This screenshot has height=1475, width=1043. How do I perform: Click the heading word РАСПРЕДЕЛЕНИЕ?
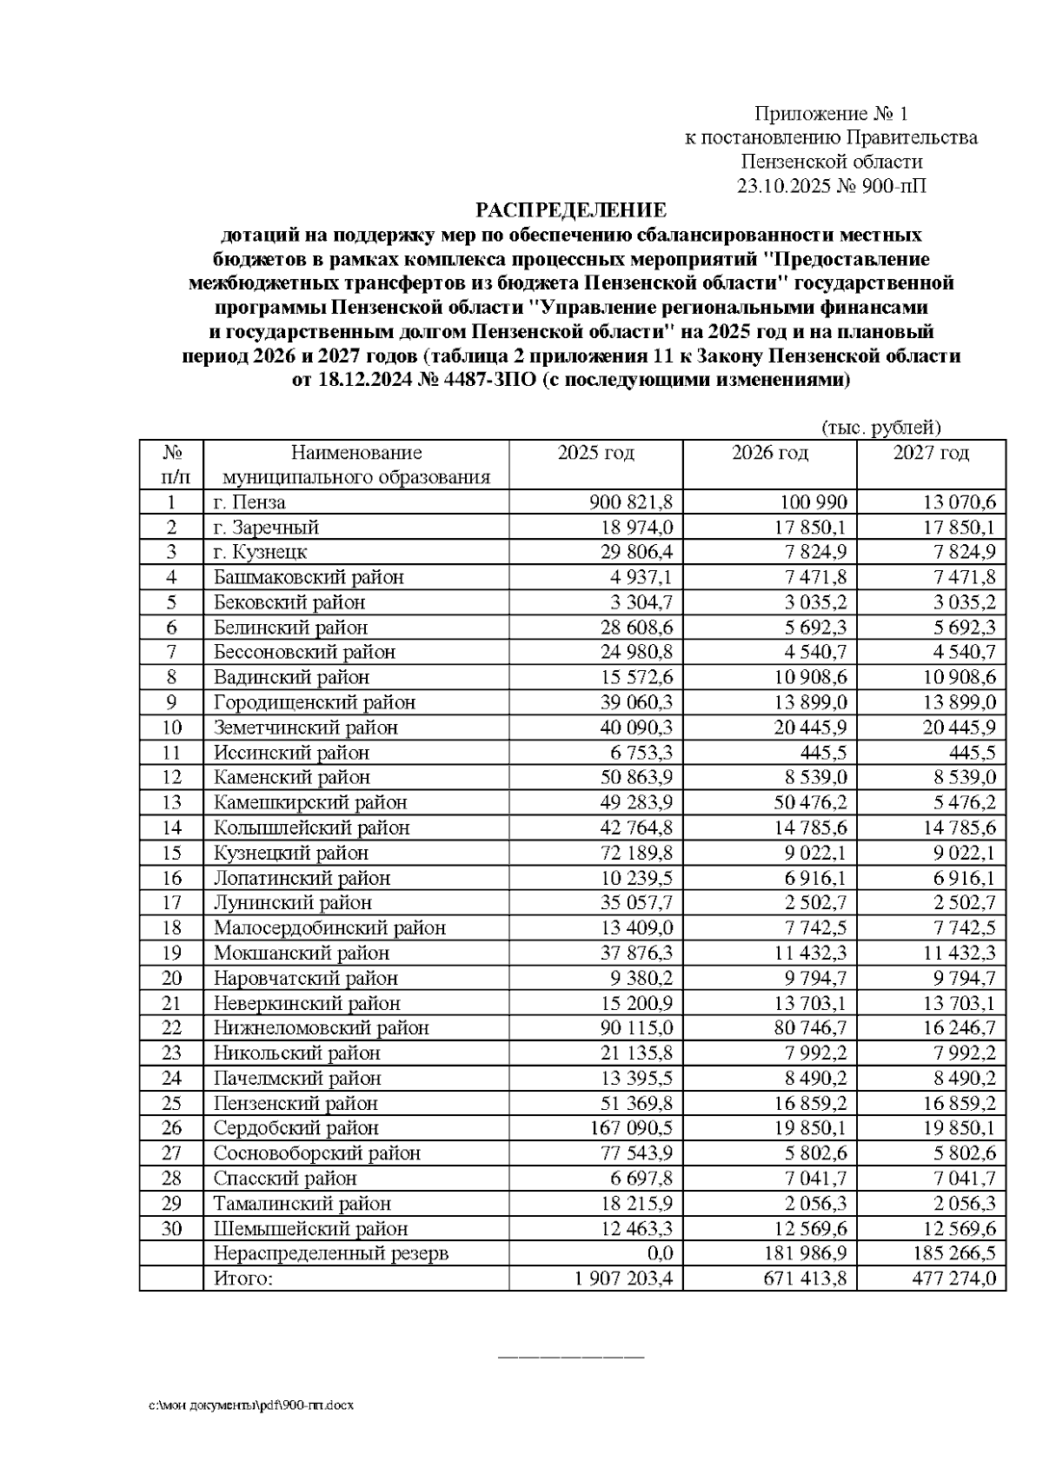pyautogui.click(x=570, y=210)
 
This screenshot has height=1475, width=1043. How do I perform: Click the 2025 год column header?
pyautogui.click(x=595, y=453)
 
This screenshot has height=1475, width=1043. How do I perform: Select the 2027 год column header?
pyautogui.click(x=931, y=453)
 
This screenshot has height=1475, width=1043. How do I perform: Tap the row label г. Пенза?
pyautogui.click(x=249, y=502)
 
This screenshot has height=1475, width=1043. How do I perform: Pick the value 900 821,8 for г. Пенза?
pyautogui.click(x=631, y=502)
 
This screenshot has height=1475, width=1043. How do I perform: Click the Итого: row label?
pyautogui.click(x=243, y=1279)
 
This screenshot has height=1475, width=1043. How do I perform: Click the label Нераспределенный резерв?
pyautogui.click(x=331, y=1253)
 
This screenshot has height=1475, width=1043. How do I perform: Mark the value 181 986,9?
pyautogui.click(x=805, y=1253)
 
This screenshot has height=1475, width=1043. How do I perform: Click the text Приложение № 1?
pyautogui.click(x=831, y=114)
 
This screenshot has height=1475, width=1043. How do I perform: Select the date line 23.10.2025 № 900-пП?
pyautogui.click(x=831, y=186)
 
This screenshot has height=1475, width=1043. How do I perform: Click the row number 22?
pyautogui.click(x=171, y=1028)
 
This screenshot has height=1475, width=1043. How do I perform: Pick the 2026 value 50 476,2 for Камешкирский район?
pyautogui.click(x=810, y=802)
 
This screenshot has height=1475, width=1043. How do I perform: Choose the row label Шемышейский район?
pyautogui.click(x=310, y=1229)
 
